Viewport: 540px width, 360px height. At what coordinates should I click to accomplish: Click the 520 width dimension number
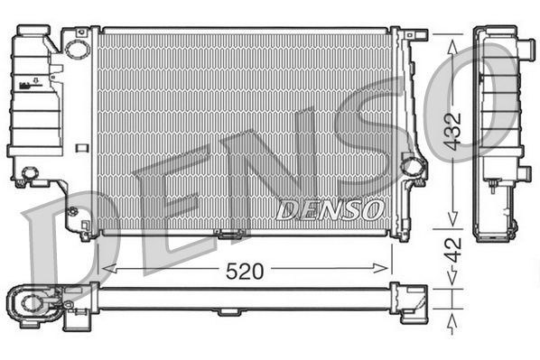pyautogui.click(x=245, y=269)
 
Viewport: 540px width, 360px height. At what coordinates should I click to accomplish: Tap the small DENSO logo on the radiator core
pyautogui.click(x=329, y=210)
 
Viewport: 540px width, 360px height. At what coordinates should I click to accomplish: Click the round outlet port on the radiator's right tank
pyautogui.click(x=413, y=166)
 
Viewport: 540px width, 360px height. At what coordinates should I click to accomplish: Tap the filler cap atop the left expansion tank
pyautogui.click(x=28, y=36)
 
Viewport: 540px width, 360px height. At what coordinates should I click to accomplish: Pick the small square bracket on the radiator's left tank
pyautogui.click(x=83, y=145)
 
